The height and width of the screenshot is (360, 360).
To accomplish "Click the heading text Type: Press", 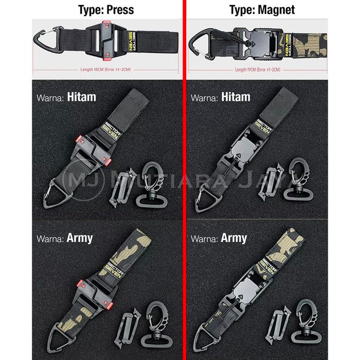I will pyautogui.click(x=106, y=10).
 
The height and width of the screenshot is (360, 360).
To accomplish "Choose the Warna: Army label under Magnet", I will pyautogui.click(x=219, y=239).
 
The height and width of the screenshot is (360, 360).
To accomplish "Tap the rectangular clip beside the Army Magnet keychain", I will pyautogui.click(x=272, y=329).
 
